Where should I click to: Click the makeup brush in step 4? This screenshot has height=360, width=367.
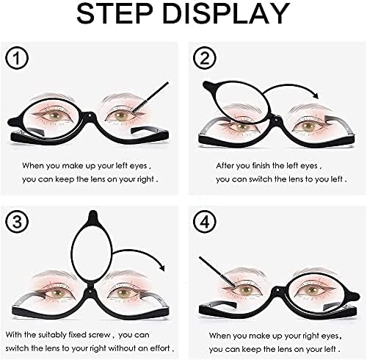220,276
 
